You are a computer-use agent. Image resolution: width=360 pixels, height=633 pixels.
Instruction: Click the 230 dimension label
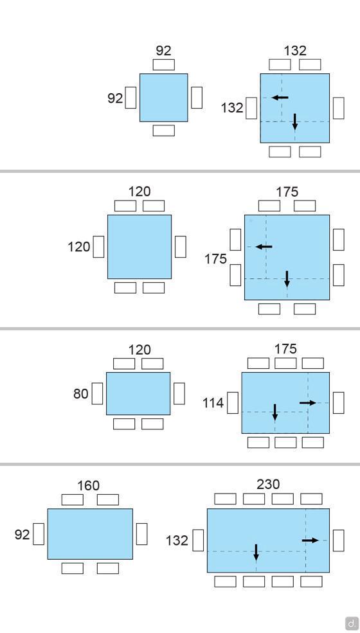click(268, 484)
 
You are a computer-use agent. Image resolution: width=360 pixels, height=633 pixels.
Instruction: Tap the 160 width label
click(88, 485)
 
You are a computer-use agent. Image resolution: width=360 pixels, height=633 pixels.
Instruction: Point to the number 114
click(213, 402)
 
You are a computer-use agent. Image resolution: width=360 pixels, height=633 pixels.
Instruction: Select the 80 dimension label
click(81, 393)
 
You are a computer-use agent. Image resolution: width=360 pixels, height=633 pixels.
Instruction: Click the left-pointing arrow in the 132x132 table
click(280, 97)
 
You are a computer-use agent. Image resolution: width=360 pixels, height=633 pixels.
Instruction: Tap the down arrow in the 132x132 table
click(295, 121)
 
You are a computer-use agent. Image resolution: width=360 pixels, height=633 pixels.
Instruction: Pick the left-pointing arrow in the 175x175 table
click(264, 247)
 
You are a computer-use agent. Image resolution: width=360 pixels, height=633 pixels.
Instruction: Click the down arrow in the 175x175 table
click(287, 279)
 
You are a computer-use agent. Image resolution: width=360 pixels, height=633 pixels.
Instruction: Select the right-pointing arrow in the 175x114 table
click(308, 402)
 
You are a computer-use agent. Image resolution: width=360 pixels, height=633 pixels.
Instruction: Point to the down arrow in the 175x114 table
click(274, 412)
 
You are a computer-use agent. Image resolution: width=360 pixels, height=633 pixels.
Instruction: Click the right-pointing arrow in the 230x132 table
click(310, 540)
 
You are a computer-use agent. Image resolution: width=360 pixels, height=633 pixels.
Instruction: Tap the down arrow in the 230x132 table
click(256, 552)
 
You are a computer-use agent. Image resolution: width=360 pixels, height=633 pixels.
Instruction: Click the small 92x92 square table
click(164, 97)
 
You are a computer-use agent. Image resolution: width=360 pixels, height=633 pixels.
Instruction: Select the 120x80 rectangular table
click(138, 393)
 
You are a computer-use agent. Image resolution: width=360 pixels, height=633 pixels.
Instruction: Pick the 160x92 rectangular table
click(90, 533)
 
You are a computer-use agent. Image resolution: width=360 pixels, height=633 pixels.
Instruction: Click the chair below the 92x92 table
click(164, 130)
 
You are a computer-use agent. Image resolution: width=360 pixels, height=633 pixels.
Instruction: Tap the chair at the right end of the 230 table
click(339, 540)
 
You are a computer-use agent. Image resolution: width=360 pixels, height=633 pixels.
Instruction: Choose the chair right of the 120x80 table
click(179, 393)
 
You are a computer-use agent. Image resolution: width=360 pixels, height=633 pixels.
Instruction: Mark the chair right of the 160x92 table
click(141, 533)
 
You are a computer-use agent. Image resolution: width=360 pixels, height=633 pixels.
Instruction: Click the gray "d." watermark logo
click(352, 623)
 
